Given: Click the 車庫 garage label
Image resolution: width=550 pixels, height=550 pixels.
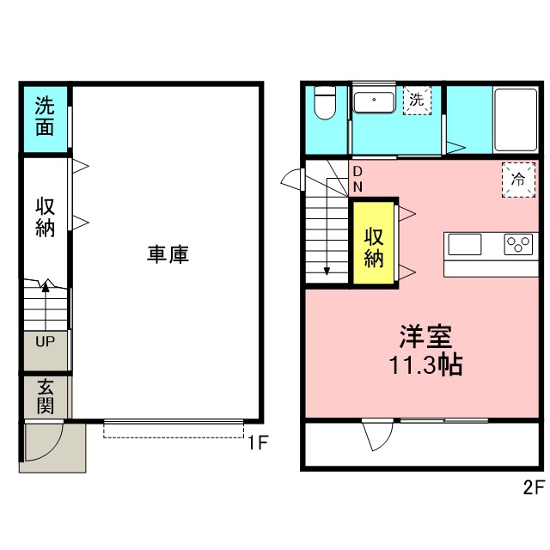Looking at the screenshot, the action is click(x=168, y=254).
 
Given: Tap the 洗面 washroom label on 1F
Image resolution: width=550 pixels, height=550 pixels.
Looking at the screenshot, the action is click(x=45, y=116).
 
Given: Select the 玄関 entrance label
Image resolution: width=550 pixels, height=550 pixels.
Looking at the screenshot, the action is click(x=46, y=396).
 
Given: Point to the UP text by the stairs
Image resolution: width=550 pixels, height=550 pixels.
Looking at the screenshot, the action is click(x=46, y=341).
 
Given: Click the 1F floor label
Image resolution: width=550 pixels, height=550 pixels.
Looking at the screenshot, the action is click(x=258, y=443).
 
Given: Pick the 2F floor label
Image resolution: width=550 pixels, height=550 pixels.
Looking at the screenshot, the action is click(x=534, y=487).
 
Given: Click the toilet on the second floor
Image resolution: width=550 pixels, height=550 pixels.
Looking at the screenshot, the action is click(x=325, y=102).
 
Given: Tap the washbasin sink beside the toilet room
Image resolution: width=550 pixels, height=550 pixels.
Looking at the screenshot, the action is click(x=374, y=102).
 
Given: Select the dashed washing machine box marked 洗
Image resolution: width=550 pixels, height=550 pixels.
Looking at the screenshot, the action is click(x=417, y=101).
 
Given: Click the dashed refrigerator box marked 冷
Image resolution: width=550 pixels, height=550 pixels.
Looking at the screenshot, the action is click(x=518, y=180).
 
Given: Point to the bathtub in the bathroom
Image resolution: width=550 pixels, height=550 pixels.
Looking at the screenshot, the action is click(x=516, y=120).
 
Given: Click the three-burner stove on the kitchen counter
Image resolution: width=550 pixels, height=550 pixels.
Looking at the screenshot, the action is click(x=518, y=244).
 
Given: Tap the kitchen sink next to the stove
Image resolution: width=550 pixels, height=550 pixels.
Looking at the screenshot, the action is click(x=465, y=244).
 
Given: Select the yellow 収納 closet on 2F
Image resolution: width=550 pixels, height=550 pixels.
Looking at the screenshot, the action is click(x=374, y=242).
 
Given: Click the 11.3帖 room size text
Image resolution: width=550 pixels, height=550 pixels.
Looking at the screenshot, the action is click(x=425, y=365).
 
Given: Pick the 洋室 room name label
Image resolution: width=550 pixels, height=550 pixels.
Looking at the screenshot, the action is click(x=426, y=337).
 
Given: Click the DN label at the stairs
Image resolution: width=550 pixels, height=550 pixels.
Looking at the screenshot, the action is click(x=357, y=180).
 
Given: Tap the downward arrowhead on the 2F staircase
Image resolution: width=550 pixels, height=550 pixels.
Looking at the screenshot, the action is click(x=327, y=272).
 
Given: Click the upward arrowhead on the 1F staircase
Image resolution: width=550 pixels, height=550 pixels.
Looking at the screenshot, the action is click(x=46, y=286).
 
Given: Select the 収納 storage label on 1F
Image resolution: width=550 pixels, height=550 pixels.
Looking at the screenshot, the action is click(x=45, y=217).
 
